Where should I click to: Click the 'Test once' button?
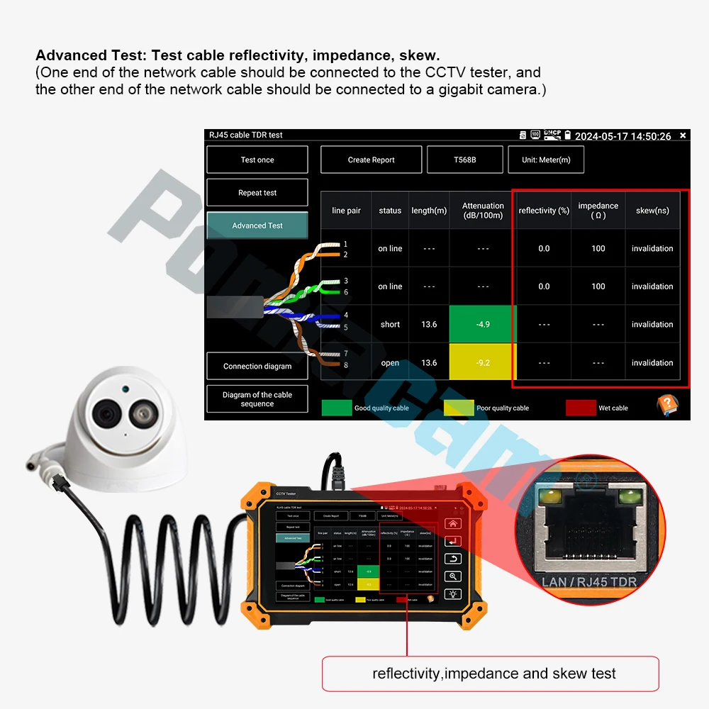(x=257, y=160)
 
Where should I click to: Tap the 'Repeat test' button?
(x=257, y=193)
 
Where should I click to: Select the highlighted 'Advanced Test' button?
(x=257, y=225)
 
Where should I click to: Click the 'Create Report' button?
(x=371, y=160)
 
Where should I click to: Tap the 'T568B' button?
(x=464, y=160)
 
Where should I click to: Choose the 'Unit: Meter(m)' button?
(x=546, y=160)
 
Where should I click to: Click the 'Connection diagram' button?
(x=257, y=366)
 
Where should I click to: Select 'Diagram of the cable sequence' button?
(x=257, y=399)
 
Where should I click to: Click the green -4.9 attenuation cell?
(x=483, y=324)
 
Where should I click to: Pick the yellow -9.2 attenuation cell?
(x=483, y=362)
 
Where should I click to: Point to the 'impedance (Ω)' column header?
(x=598, y=210)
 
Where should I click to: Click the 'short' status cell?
(x=390, y=324)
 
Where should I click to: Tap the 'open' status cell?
(x=390, y=362)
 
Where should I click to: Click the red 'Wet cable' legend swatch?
(x=580, y=408)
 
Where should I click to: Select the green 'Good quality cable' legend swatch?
(x=337, y=408)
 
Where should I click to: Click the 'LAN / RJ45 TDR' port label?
(x=588, y=582)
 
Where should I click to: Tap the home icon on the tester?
(x=454, y=524)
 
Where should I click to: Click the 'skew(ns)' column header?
(x=652, y=210)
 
